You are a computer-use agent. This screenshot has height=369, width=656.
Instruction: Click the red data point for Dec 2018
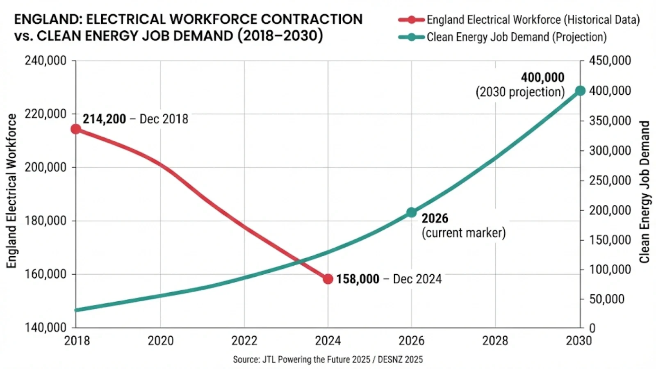tap(76, 129)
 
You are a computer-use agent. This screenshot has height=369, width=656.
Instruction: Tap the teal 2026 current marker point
tap(411, 212)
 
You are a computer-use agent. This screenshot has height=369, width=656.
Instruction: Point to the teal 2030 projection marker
tap(580, 91)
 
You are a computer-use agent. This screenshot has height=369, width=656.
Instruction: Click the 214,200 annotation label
tap(104, 119)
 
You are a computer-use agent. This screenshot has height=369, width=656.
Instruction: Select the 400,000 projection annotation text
tap(542, 77)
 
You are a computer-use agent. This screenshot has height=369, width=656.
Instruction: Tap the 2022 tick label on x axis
tap(244, 341)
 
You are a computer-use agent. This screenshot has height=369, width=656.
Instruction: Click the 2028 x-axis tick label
tap(495, 341)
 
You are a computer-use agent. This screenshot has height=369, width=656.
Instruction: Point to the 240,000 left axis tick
tap(46, 61)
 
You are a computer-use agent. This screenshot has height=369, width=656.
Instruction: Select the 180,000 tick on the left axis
tap(46, 221)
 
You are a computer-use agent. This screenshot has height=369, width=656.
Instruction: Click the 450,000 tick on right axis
tap(610, 61)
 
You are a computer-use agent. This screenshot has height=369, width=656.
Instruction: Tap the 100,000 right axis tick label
tap(610, 269)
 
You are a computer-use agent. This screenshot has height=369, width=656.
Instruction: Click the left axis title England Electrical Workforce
tap(11, 191)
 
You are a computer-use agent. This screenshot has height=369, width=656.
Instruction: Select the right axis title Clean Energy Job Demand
tap(645, 192)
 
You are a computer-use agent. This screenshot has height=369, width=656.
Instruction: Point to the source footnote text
tap(328, 360)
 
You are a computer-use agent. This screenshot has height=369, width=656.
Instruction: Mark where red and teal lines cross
tap(300, 261)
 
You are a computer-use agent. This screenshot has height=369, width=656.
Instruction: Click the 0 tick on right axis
tap(592, 328)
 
